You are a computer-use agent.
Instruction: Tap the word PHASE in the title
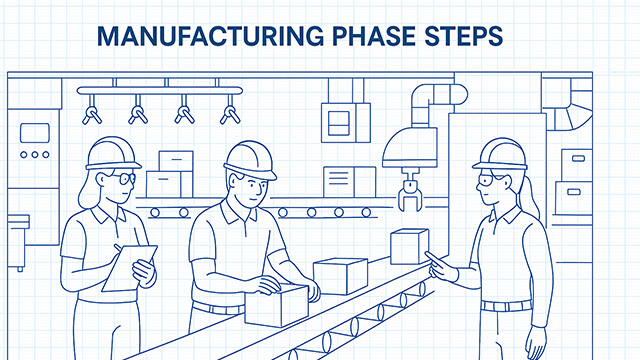pos(379,37)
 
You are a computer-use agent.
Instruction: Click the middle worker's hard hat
pos(249,157)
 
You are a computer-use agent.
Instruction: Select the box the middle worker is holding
pos(276,304)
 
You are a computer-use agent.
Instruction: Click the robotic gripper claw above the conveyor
pos(410,191)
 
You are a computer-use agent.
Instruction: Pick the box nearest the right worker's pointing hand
pos(409,246)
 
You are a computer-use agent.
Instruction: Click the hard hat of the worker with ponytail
pos(500,153)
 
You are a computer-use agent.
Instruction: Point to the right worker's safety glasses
pos(487,182)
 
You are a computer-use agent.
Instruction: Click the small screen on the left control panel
pos(35,133)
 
